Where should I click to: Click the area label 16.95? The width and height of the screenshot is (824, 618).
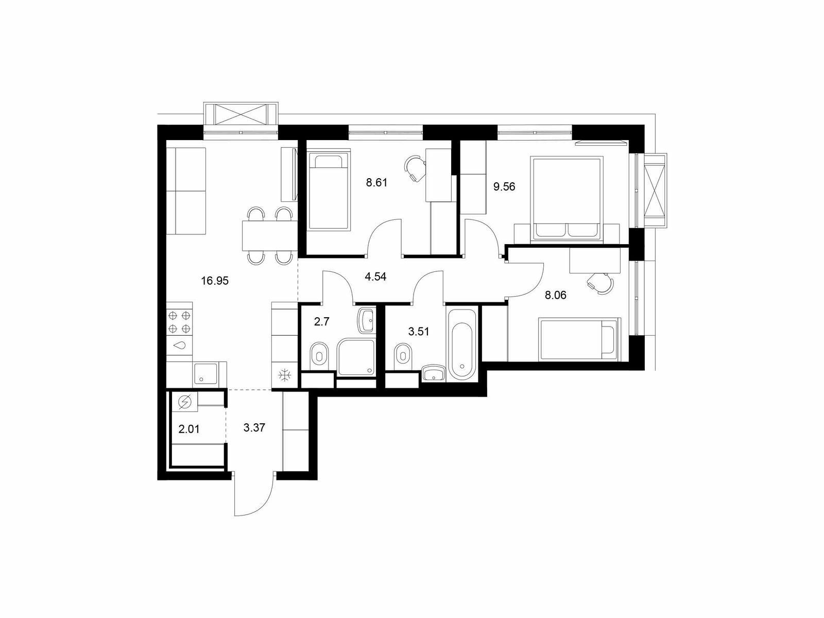click(215, 281)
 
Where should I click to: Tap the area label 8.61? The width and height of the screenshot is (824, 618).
click(376, 183)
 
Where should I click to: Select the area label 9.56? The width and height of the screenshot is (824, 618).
click(504, 186)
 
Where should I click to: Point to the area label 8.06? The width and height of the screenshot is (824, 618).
click(556, 295)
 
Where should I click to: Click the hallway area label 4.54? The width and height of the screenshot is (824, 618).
click(375, 277)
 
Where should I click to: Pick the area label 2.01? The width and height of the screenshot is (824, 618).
click(189, 429)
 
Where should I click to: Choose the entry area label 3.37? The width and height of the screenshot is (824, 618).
click(254, 427)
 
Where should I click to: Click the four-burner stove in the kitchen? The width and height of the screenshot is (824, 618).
click(179, 322)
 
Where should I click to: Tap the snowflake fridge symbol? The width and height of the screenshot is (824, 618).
click(285, 375)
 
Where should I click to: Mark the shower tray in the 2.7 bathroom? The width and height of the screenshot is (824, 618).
click(356, 357)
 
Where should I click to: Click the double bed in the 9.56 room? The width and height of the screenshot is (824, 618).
click(565, 198)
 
